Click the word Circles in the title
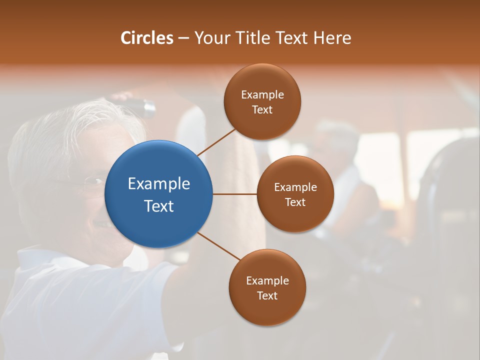point(147,38)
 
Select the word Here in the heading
point(332,38)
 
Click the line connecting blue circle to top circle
point(216,142)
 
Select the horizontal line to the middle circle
point(234,194)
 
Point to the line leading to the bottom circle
point(218,246)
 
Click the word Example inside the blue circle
point(159,184)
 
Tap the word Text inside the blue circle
point(159,206)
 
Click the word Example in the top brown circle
point(262,95)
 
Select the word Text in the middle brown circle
point(295,202)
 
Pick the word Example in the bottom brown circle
point(267,281)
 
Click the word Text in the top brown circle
point(262,110)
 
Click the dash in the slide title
point(183,38)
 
